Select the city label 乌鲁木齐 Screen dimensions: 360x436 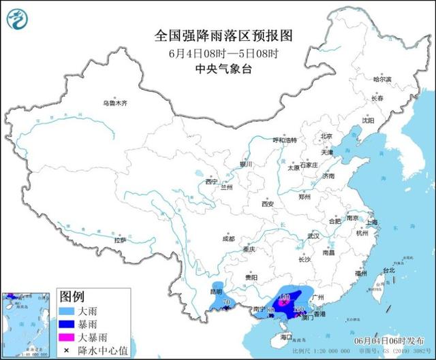click(115, 103)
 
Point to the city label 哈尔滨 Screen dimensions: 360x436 click(382, 80)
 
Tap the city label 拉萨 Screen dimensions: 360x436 click(120, 240)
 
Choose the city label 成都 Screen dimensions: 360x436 click(228, 239)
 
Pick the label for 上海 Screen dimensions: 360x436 click(371, 222)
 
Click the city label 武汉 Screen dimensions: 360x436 click(313, 235)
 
